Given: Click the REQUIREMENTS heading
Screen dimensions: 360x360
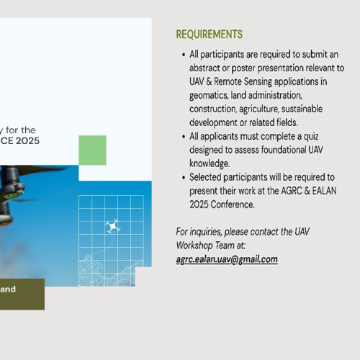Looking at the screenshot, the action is [210, 34].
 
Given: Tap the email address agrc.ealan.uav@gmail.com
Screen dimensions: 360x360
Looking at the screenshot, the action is [227, 259].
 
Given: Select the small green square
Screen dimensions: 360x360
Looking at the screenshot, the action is [92, 150].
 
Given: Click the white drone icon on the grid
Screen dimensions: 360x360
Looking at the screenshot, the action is [113, 226].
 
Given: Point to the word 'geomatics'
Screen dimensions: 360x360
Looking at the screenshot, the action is [208, 96].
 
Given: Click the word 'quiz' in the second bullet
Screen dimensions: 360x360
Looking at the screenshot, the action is [311, 137].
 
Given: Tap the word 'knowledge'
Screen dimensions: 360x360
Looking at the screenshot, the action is [209, 163].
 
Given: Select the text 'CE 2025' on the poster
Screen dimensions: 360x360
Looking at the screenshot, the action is [19, 140].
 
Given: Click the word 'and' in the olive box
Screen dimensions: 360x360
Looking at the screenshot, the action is [8, 289].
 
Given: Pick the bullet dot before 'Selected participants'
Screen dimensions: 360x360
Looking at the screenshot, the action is [184, 178].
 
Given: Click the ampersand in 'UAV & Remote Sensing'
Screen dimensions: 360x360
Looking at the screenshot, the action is [209, 81].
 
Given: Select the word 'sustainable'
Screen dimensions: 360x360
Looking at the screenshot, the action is [302, 109].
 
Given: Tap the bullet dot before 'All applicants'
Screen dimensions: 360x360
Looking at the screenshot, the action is [184, 137].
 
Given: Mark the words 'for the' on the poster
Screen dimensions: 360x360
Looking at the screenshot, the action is [21, 130].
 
